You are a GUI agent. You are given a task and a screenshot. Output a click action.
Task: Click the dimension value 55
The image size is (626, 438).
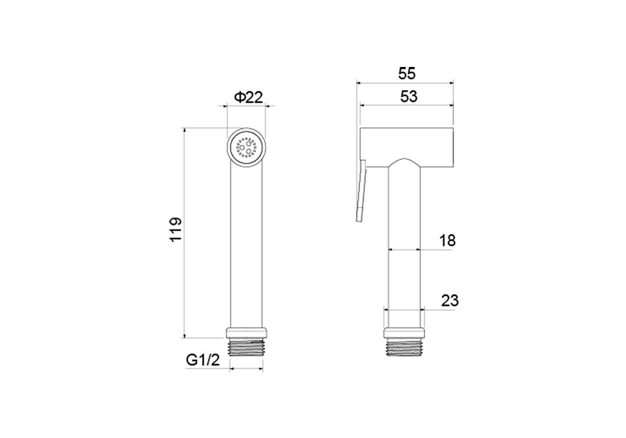click(x=407, y=74)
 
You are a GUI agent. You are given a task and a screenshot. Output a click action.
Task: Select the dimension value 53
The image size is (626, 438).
click(x=409, y=96)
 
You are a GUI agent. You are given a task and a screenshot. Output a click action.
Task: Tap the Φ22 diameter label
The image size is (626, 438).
click(x=249, y=97)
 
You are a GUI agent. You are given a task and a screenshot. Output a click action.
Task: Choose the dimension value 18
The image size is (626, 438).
click(x=447, y=240)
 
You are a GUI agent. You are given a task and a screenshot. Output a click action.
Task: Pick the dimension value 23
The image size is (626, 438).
click(x=450, y=301)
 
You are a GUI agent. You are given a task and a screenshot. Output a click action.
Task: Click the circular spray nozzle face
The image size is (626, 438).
click(x=246, y=147)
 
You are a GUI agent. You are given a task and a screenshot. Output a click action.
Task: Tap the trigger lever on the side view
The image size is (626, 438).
click(x=361, y=191)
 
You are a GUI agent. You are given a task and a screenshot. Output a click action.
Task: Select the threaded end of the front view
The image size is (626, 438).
click(x=246, y=347)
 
